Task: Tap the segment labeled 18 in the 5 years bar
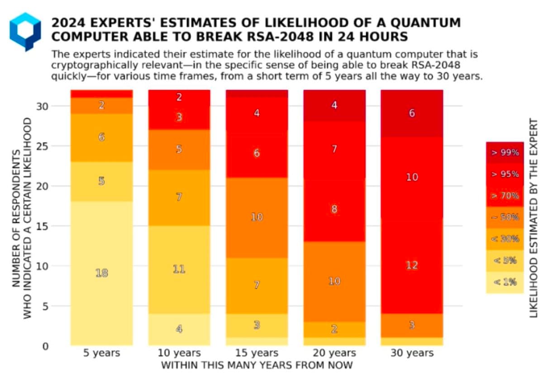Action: pyautogui.click(x=102, y=273)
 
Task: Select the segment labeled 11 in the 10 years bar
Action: pyautogui.click(x=179, y=269)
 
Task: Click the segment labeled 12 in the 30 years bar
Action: pyautogui.click(x=412, y=265)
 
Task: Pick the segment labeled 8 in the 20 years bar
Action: pyautogui.click(x=334, y=209)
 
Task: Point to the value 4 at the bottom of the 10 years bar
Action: pyautogui.click(x=179, y=329)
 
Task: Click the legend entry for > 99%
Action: pyautogui.click(x=505, y=152)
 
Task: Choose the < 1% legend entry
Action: pyautogui.click(x=505, y=282)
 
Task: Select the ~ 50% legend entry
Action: pyautogui.click(x=505, y=217)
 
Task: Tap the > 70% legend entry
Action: pyautogui.click(x=505, y=195)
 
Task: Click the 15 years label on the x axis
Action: pyautogui.click(x=257, y=353)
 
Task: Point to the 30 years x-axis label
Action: pyautogui.click(x=412, y=353)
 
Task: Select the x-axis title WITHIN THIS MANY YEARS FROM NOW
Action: pyautogui.click(x=257, y=365)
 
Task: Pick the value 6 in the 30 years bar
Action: pyautogui.click(x=412, y=114)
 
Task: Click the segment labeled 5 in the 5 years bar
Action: pyautogui.click(x=102, y=181)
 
